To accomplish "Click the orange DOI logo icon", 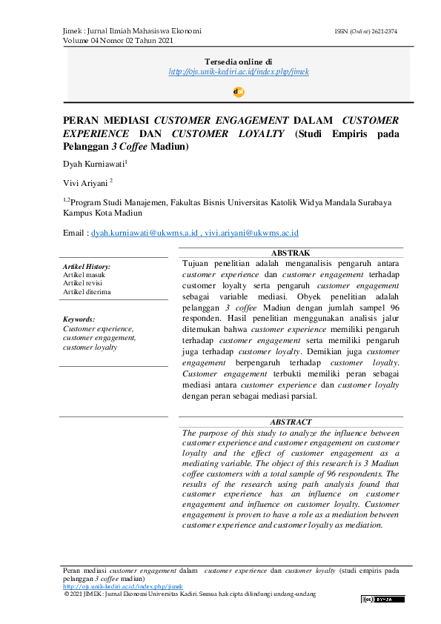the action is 239,92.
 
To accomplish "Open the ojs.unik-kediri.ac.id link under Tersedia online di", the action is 239,72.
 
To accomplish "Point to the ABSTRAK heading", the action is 291,253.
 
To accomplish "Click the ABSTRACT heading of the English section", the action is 291,422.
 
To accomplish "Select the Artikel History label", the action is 87,266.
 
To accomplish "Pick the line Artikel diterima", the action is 87,291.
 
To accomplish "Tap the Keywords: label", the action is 79,319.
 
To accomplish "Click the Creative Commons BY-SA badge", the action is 383,599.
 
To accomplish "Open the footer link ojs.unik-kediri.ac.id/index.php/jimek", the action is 112,586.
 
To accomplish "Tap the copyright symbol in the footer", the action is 67,594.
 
